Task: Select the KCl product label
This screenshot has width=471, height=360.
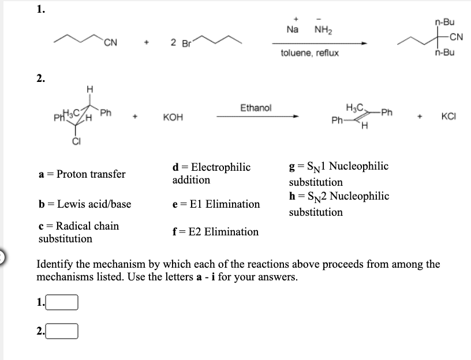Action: pos(450,115)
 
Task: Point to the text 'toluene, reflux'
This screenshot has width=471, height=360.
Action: pos(310,52)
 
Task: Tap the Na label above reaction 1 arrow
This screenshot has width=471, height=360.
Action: pos(295,29)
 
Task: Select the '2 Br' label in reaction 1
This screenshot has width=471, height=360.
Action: pos(181,43)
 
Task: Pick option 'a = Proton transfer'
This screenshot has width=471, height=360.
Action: pos(82,174)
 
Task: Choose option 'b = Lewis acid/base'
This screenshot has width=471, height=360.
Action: pos(85,204)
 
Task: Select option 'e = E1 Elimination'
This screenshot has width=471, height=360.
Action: pos(216,204)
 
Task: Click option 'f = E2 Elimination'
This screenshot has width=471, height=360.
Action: pos(215,232)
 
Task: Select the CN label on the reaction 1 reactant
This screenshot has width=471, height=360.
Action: pos(111,40)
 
